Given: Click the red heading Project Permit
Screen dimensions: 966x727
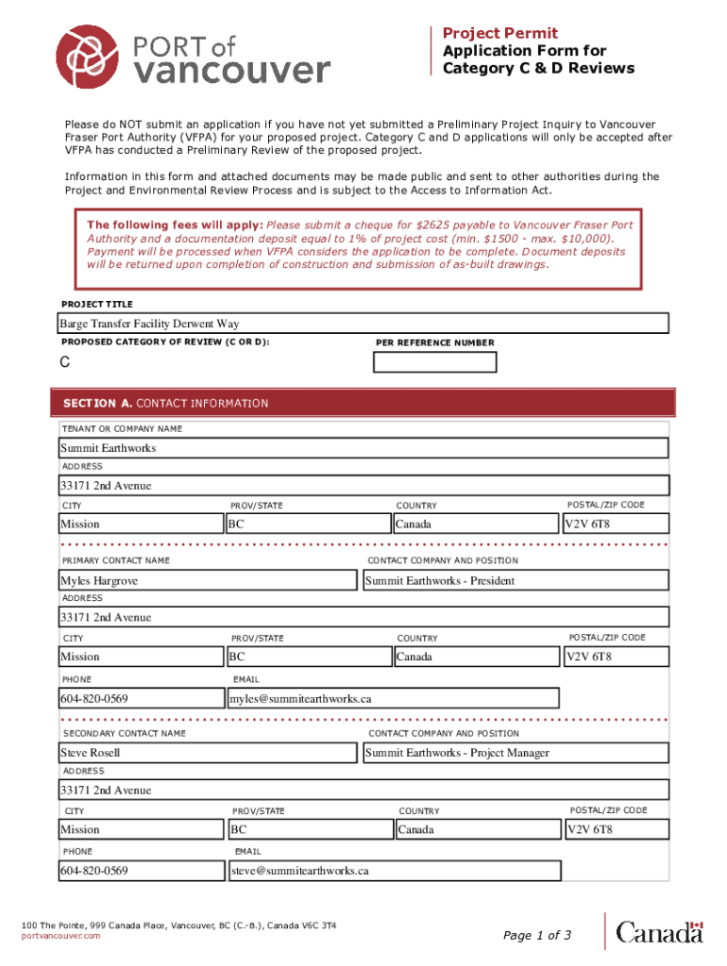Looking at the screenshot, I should [500, 33].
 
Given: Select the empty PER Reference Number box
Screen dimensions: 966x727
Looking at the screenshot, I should [434, 363].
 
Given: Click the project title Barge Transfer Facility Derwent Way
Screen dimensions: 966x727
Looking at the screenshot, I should [149, 324].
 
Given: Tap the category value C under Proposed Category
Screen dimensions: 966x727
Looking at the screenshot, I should [65, 363].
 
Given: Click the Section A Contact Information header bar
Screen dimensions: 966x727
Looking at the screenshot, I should [363, 403].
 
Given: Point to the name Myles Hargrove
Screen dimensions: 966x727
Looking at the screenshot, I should [99, 581].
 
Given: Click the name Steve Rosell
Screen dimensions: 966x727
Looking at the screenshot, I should [91, 753].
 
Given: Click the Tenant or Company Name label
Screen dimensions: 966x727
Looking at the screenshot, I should [122, 429].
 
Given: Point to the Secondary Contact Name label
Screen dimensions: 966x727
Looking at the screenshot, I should [124, 733].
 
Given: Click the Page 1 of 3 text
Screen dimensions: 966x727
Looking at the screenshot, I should [537, 936].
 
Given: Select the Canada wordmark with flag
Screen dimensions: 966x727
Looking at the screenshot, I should [660, 933].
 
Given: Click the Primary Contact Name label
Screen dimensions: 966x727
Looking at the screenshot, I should [115, 560].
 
